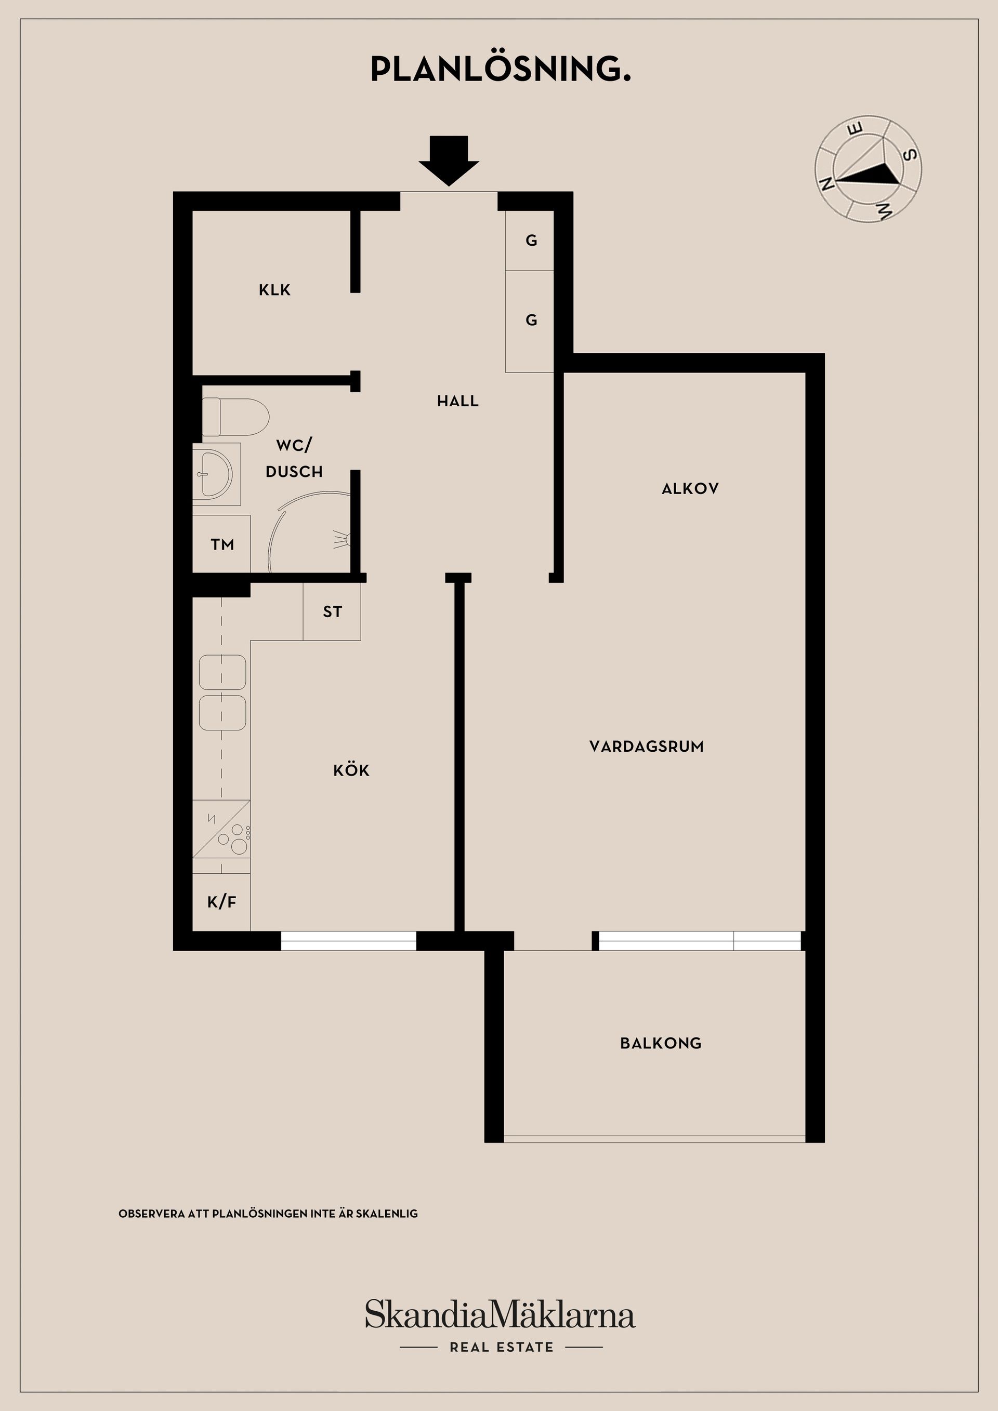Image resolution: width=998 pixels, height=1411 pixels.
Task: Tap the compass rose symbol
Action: tap(868, 168)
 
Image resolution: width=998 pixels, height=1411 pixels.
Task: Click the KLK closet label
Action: tap(274, 290)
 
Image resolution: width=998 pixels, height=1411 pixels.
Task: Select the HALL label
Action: tap(457, 401)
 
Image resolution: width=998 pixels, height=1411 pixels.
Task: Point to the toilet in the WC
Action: tap(235, 417)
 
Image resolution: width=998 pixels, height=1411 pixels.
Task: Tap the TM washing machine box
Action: tap(221, 544)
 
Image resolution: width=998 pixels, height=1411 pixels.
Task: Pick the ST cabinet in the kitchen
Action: tap(332, 611)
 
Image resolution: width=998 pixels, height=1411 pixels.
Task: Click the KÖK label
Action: tap(351, 770)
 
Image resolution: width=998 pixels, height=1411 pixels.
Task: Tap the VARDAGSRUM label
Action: tap(646, 746)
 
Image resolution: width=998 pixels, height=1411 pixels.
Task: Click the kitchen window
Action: tap(349, 941)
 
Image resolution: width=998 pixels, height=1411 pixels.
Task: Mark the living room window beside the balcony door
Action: tap(700, 941)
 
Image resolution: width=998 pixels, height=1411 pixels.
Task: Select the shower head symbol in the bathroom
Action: tap(343, 540)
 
